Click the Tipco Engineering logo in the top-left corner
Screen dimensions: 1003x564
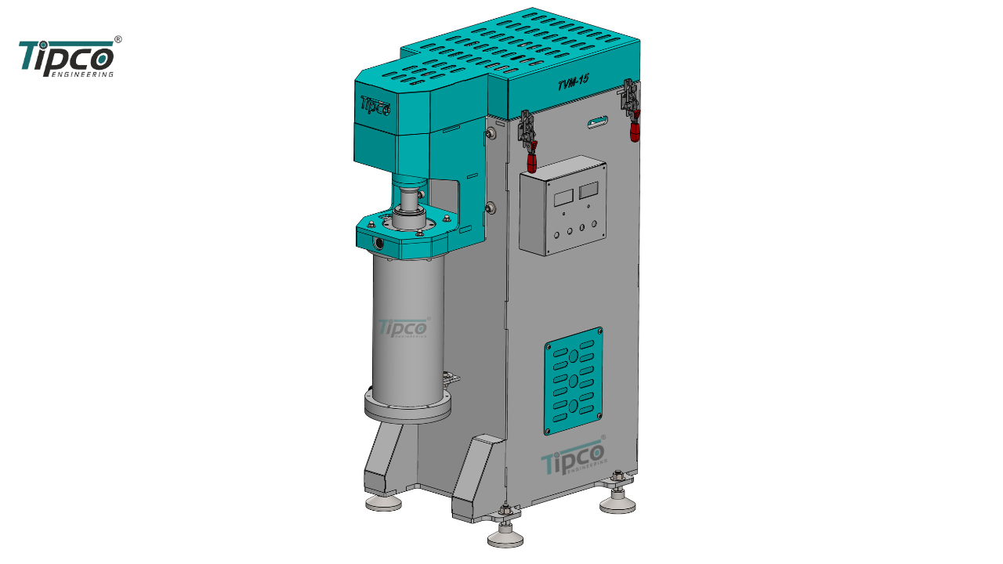pyautogui.click(x=70, y=57)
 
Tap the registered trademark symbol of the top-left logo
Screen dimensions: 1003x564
pyautogui.click(x=118, y=39)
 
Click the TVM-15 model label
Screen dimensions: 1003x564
pyautogui.click(x=573, y=83)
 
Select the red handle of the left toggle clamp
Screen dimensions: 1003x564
pyautogui.click(x=531, y=162)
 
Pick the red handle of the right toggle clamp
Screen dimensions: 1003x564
pyautogui.click(x=635, y=130)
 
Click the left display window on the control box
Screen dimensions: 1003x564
pyautogui.click(x=563, y=197)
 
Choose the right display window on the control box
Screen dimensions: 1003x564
pyautogui.click(x=588, y=190)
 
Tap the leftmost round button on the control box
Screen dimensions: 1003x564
pyautogui.click(x=556, y=235)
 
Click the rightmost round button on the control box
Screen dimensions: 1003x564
pyautogui.click(x=594, y=224)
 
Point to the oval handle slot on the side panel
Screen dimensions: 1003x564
pyautogui.click(x=598, y=121)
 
